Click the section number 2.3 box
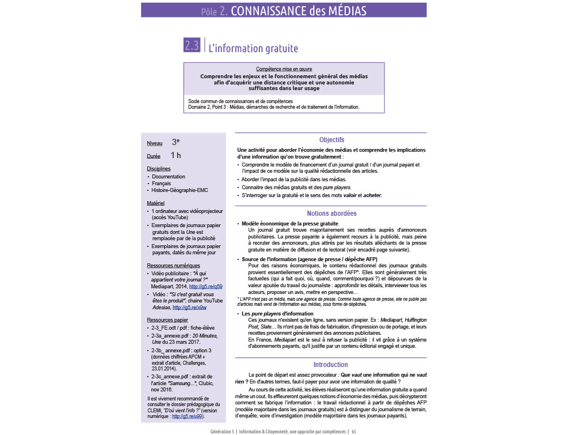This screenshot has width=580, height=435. point(192,46)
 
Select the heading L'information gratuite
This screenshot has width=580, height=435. point(253,49)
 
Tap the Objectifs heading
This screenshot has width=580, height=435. point(331,140)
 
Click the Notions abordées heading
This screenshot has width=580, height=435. point(331,214)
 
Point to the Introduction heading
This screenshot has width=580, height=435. point(331,364)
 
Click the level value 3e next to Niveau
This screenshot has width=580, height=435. point(176,143)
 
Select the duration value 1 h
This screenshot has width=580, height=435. point(176,155)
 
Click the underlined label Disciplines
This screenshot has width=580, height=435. point(159,168)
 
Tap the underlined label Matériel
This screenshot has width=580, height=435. point(156,203)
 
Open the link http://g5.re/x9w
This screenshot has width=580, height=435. point(189,308)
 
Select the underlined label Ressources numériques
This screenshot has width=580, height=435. point(173,265)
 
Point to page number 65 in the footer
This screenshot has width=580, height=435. point(354,431)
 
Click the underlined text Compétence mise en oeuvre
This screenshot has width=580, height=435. point(284,69)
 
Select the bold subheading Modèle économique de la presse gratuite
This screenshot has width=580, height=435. point(289,224)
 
